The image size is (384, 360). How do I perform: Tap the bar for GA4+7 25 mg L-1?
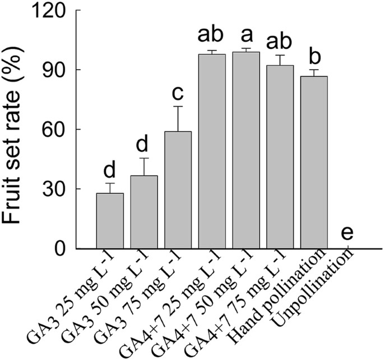(x=212, y=151)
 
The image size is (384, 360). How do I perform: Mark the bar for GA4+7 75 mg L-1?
(x=280, y=157)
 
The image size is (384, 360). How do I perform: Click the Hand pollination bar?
(x=314, y=162)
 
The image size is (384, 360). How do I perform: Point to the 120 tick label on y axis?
(x=48, y=11)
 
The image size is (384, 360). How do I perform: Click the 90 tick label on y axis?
(x=54, y=70)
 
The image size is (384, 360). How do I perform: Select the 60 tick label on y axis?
(x=54, y=130)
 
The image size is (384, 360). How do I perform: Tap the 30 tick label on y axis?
(x=54, y=189)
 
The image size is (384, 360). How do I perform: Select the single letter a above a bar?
(x=246, y=35)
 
